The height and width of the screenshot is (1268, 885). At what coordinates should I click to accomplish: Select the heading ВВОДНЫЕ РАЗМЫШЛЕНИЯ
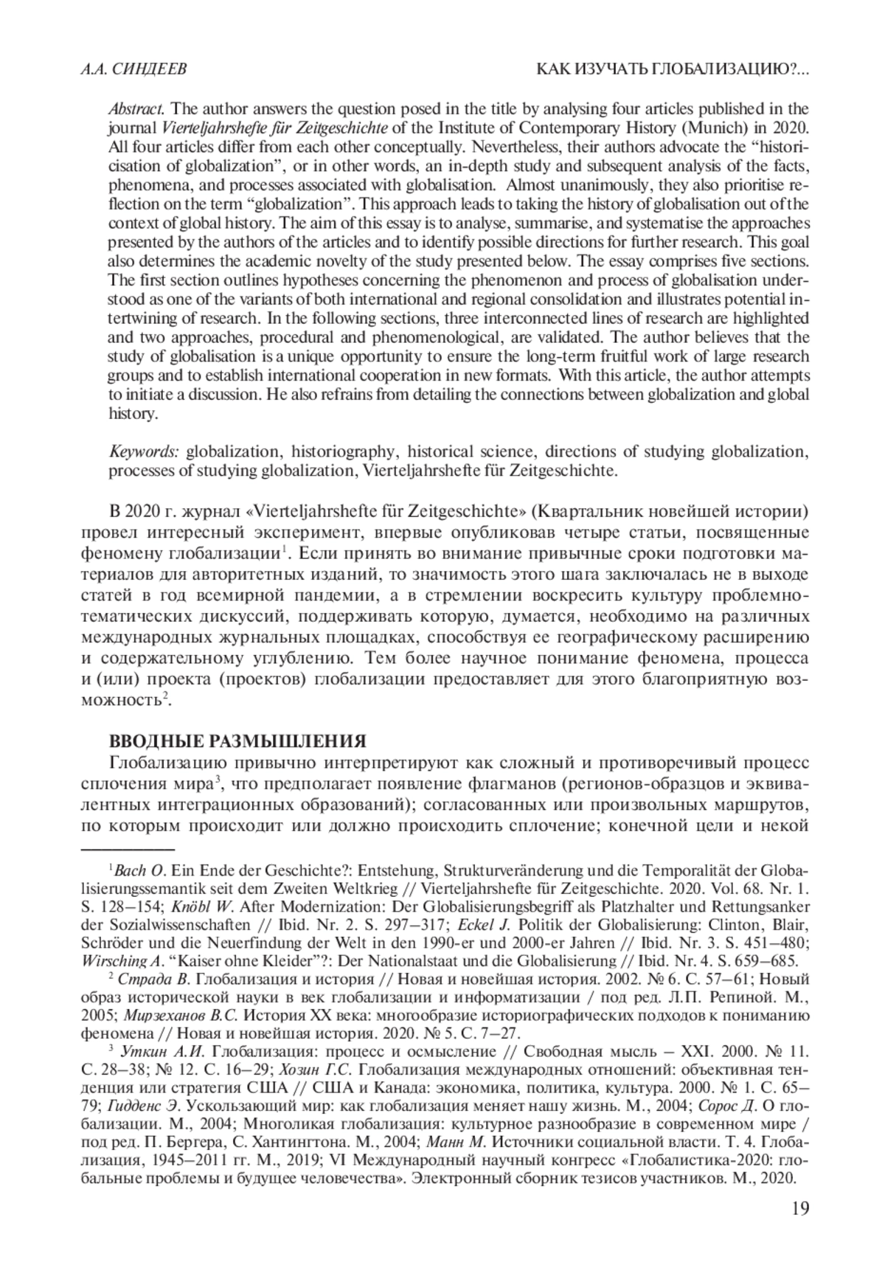[x=237, y=740]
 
